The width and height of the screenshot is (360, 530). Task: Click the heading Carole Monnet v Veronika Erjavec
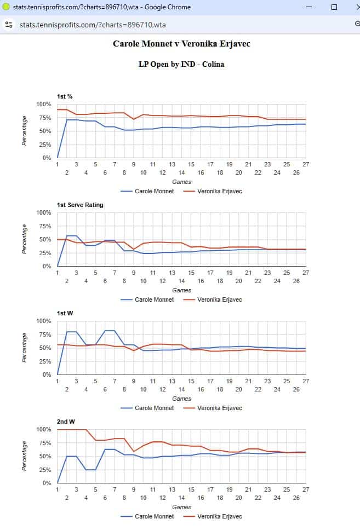(181, 43)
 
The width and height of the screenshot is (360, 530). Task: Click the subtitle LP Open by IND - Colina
(181, 64)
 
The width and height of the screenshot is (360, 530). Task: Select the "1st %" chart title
(65, 97)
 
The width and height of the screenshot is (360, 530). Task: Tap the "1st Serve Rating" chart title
(80, 205)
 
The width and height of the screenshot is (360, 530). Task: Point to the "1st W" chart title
(65, 313)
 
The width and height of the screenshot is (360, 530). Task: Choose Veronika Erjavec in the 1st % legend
(219, 192)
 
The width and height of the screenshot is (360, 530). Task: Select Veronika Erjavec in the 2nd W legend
(219, 516)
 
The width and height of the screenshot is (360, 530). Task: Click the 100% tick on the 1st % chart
(43, 104)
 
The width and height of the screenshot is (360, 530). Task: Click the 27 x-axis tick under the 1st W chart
(306, 381)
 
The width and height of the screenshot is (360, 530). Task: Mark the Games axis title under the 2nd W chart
(181, 507)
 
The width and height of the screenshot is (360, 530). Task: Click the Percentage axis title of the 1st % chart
(25, 131)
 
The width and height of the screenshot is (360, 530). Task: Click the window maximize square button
(334, 7)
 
